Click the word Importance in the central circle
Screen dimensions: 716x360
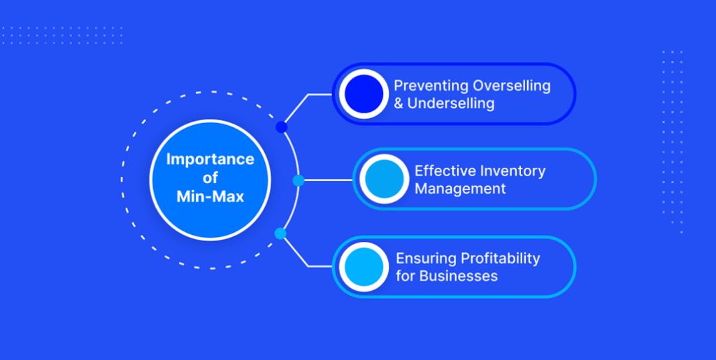(210, 159)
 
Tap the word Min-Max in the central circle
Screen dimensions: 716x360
(210, 196)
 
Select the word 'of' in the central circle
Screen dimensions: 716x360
(210, 178)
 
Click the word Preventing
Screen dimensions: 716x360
(431, 86)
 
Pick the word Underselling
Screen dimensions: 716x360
(451, 103)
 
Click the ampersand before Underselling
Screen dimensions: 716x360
(399, 103)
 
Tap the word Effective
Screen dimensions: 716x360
(445, 171)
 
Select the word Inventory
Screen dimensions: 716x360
(513, 171)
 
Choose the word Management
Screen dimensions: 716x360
(460, 189)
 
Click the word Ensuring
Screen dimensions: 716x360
(426, 258)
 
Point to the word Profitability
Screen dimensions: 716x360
(500, 258)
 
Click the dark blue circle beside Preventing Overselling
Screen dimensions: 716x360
(364, 94)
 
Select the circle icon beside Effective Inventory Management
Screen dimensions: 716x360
(384, 179)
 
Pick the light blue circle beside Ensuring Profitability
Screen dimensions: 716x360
(364, 267)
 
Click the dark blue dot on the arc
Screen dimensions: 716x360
(282, 127)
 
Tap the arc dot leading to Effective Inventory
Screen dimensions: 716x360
(298, 180)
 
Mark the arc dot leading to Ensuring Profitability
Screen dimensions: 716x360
(280, 233)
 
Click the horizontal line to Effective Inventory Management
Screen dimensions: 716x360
(329, 180)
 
